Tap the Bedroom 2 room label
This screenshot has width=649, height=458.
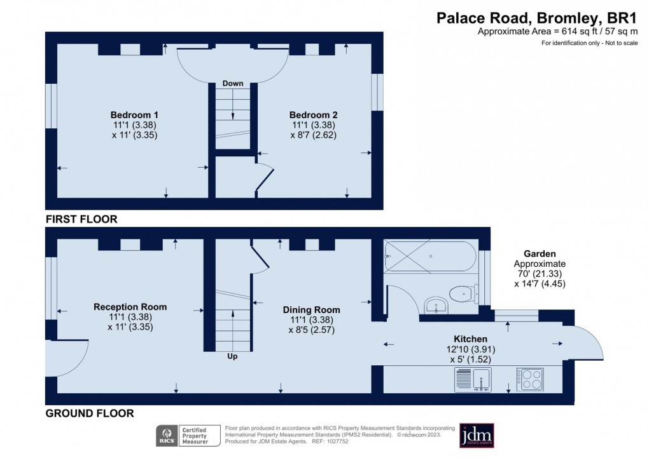[313, 114]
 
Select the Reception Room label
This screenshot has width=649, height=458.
[130, 307]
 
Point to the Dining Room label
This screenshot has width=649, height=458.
[311, 310]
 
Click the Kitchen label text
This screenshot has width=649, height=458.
[470, 339]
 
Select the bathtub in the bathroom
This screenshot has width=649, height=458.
[429, 256]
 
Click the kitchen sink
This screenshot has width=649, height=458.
[471, 380]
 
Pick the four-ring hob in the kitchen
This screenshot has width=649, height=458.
[529, 380]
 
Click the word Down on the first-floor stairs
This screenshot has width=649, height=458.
[232, 84]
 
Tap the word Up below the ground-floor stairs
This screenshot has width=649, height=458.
[232, 357]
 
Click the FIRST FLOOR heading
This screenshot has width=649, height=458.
[81, 219]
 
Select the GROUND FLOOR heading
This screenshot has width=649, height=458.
[89, 414]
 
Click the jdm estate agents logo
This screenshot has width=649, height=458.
[477, 435]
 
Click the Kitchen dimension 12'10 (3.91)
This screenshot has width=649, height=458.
[470, 349]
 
